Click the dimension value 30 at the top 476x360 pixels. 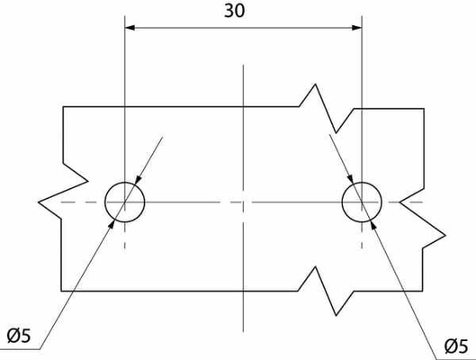[234, 11]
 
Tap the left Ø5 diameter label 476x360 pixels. [19, 336]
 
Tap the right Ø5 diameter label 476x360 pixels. [456, 346]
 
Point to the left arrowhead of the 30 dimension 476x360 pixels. [130, 28]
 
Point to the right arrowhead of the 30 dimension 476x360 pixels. [356, 28]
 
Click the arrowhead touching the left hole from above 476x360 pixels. [138, 180]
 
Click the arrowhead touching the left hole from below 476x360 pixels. [112, 224]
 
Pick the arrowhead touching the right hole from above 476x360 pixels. [351, 179]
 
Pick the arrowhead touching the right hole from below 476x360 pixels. [373, 226]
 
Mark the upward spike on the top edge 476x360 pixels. [315, 84]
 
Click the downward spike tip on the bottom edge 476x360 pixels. [336, 315]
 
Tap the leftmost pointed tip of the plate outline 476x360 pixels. [39, 202]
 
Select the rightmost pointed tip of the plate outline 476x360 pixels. [445, 235]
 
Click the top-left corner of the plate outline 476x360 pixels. [63, 107]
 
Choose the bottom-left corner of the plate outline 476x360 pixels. [61, 291]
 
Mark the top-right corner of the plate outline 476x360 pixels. [424, 108]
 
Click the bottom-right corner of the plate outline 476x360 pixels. [422, 291]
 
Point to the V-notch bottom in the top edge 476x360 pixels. [336, 132]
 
